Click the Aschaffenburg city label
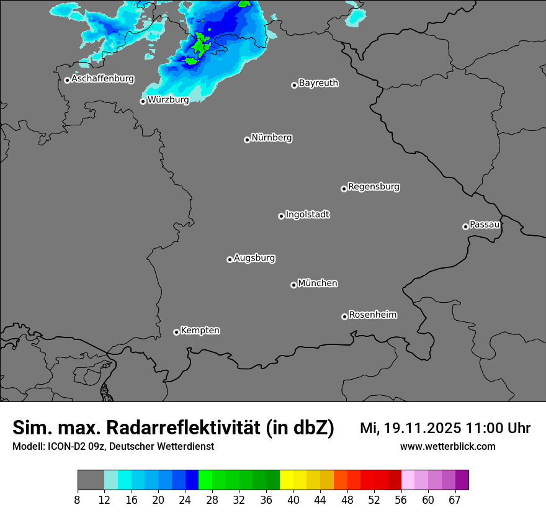click(x=102, y=79)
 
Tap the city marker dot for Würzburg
click(x=143, y=101)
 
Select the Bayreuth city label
click(x=318, y=83)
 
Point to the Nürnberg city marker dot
click(x=247, y=140)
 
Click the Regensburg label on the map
click(x=374, y=186)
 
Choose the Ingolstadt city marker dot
click(x=281, y=216)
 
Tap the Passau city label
click(x=485, y=224)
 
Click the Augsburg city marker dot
click(x=230, y=259)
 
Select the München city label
click(x=318, y=283)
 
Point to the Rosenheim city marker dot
click(x=344, y=317)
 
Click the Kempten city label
click(x=200, y=330)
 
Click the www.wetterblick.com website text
click(x=447, y=446)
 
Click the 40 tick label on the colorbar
click(x=293, y=499)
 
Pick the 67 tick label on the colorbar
click(x=455, y=499)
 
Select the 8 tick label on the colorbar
click(x=78, y=499)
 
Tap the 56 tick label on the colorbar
click(x=401, y=499)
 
